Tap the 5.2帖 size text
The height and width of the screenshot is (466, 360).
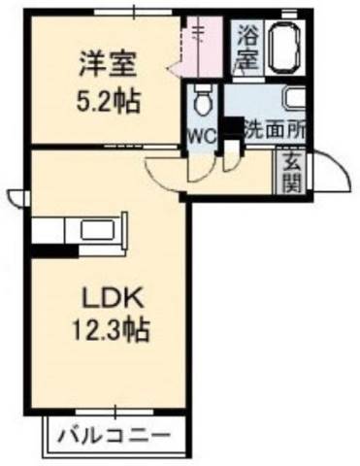[x=108, y=101]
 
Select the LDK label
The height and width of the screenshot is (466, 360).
[x=113, y=298]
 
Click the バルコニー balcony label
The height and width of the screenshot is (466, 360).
[x=114, y=436]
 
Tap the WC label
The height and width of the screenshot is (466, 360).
[x=202, y=138]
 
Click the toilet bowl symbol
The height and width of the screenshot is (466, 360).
[x=203, y=100]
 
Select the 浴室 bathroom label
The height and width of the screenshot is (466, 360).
[x=247, y=48]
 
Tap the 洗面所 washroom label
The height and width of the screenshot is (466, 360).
[x=275, y=132]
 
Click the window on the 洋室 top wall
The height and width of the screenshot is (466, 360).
[x=134, y=12]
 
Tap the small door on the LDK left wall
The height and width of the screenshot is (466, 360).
[x=17, y=198]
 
